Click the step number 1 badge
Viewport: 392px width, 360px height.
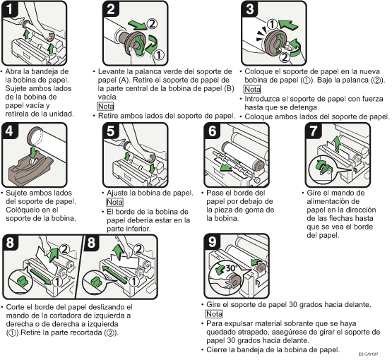(x=9, y=9)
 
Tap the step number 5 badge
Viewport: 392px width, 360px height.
(x=111, y=131)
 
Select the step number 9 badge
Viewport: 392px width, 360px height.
(x=213, y=242)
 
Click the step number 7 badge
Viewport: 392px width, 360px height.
(x=314, y=131)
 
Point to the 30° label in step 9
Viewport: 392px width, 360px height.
(x=231, y=268)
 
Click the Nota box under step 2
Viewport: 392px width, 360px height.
(x=105, y=106)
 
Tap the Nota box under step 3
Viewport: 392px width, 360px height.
(x=252, y=89)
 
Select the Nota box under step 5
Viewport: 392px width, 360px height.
(x=114, y=202)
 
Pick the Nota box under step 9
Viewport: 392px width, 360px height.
(x=214, y=314)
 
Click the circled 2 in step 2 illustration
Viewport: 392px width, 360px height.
(x=152, y=24)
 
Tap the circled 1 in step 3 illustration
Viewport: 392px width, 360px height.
(x=272, y=25)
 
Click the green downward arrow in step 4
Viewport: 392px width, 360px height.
(x=32, y=152)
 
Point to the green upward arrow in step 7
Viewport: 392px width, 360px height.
(x=337, y=144)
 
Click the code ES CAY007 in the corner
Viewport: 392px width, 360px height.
(x=368, y=354)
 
